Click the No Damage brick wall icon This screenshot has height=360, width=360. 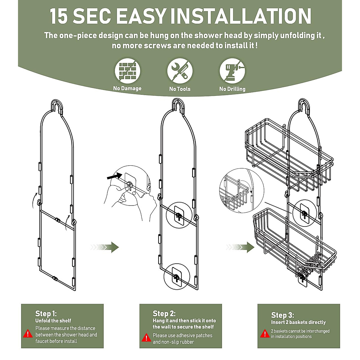[127, 71]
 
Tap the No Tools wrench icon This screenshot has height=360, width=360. [180, 71]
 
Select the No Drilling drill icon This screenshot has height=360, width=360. [232, 71]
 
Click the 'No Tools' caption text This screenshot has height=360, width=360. [180, 89]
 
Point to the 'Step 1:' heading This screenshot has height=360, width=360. [46, 313]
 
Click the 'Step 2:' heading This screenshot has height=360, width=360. [164, 313]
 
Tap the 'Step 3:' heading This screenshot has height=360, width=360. [283, 315]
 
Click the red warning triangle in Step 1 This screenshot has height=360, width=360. [28, 333]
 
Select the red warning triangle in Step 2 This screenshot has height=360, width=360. [146, 337]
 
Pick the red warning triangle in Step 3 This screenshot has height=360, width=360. [265, 333]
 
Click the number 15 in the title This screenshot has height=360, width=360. [59, 16]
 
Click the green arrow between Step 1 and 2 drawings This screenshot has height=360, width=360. [105, 247]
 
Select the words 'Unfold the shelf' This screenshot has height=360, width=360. [53, 321]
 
